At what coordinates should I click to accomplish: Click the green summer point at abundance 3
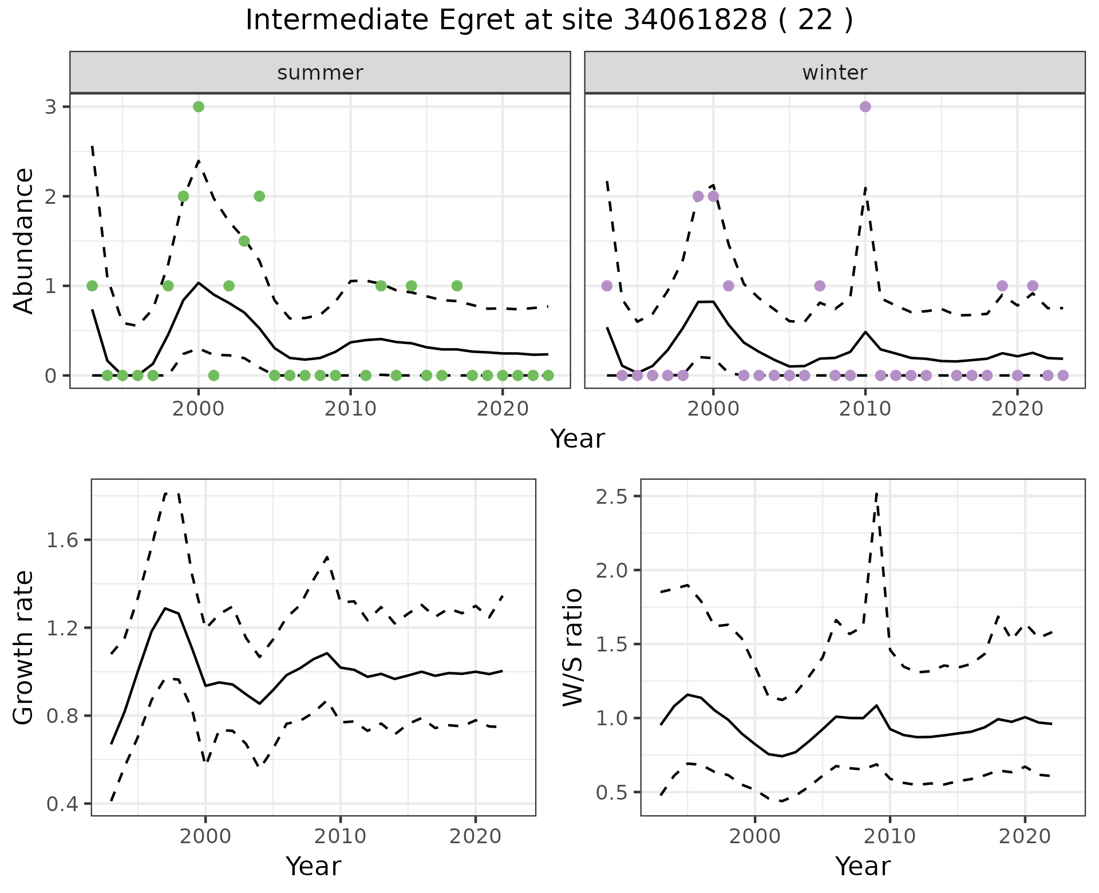pos(199,106)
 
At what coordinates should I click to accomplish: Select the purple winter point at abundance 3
pos(865,106)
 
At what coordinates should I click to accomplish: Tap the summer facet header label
pos(320,73)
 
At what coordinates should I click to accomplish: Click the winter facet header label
pos(835,73)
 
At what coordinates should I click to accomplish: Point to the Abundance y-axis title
pos(24,240)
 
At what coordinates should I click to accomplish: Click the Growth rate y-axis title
pos(24,647)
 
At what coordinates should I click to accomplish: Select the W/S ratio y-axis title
pos(573,647)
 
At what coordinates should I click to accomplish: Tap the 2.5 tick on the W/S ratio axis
pos(611,496)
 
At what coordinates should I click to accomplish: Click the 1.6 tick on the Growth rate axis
pos(62,540)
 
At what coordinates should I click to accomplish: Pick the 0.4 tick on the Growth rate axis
pos(62,804)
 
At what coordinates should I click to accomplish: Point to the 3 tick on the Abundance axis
pos(50,107)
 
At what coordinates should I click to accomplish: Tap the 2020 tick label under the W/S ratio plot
pos(1025,836)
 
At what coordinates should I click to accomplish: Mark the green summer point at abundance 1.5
pos(244,241)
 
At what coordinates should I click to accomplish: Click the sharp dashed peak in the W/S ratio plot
pos(876,493)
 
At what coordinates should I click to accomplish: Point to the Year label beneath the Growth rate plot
pos(313,866)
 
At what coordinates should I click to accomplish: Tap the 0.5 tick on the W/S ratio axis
pos(611,793)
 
